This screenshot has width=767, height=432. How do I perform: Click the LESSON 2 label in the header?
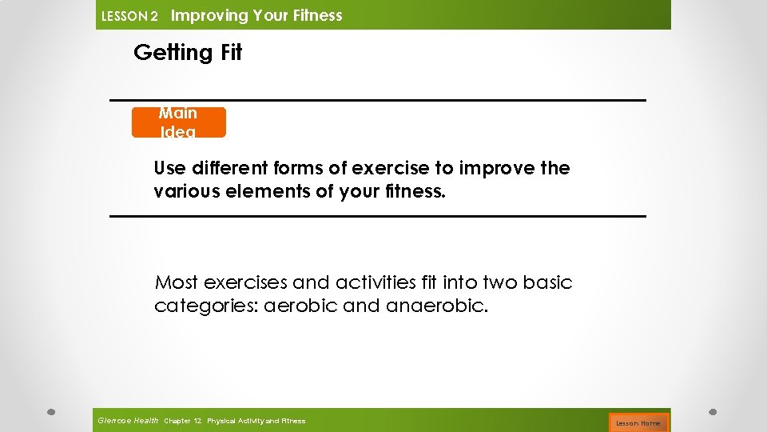tap(129, 16)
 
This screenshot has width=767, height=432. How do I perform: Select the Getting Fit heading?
tap(188, 53)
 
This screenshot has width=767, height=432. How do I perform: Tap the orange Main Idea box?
tap(178, 122)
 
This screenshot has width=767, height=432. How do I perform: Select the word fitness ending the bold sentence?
tap(413, 192)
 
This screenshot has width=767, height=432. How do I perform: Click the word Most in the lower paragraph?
tap(177, 282)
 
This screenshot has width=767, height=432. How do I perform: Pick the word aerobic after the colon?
tap(297, 306)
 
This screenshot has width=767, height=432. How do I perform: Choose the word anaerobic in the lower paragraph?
tap(435, 306)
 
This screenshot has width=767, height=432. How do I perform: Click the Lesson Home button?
tap(638, 422)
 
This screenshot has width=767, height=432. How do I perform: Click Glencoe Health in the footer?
tap(128, 421)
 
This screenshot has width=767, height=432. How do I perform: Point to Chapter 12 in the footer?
tap(183, 421)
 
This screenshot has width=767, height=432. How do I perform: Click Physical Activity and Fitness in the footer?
tap(256, 421)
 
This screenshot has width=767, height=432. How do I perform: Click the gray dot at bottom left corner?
tap(50, 413)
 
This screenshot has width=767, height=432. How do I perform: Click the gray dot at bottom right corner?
tap(713, 413)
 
